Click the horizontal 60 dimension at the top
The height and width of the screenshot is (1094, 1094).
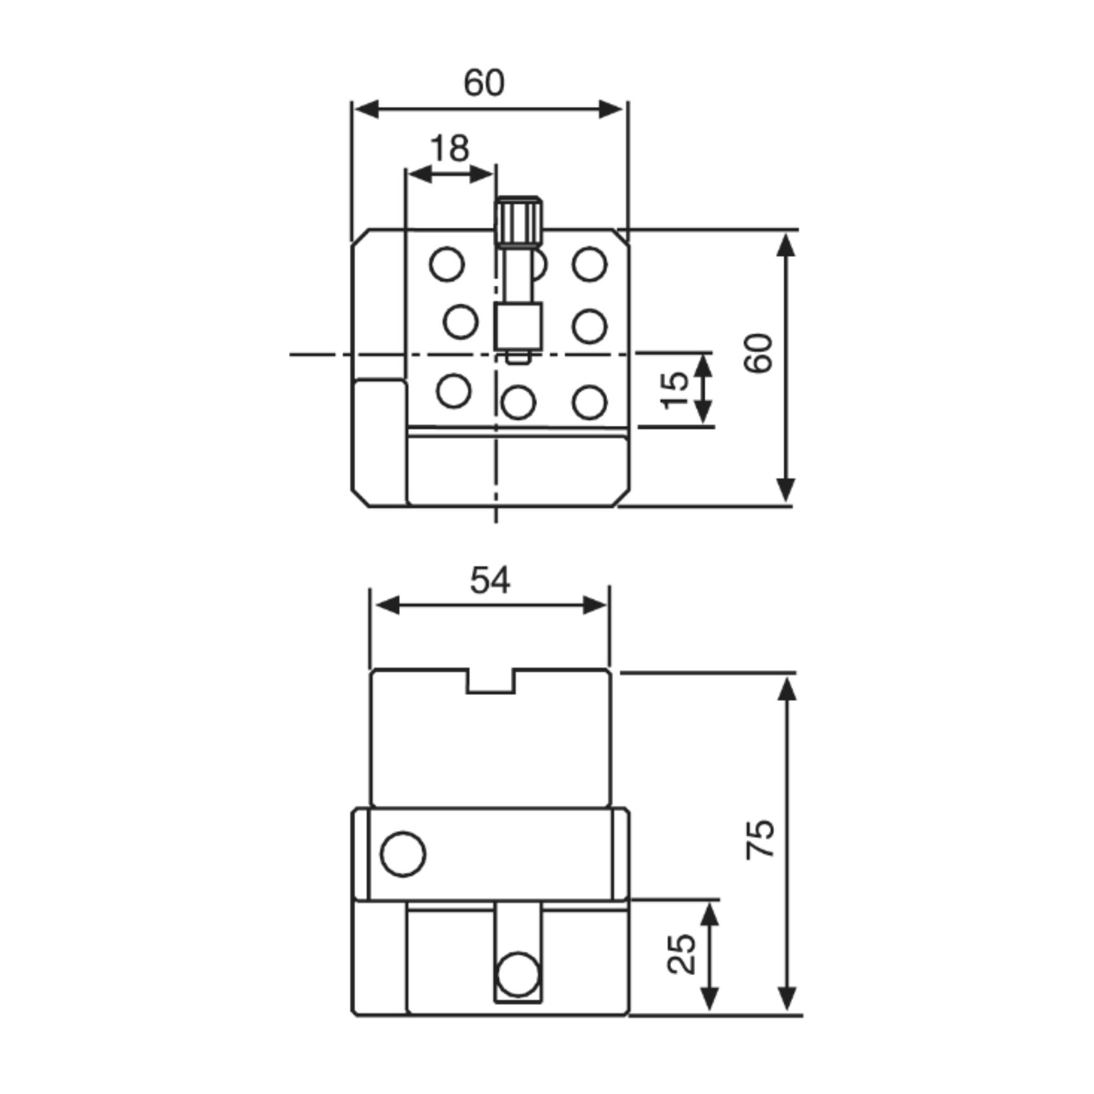(x=484, y=83)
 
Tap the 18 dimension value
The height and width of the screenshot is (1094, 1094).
(x=450, y=148)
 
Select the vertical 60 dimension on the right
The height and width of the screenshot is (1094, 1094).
(x=758, y=353)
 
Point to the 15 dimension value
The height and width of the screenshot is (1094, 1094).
(x=675, y=390)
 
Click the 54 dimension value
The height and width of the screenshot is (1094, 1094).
(x=490, y=580)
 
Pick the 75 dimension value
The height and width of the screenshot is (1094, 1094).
(x=760, y=839)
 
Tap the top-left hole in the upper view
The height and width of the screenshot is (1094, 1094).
(x=447, y=264)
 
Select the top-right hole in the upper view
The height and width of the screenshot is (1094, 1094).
(x=590, y=264)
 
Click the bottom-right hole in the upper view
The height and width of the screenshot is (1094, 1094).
(x=590, y=403)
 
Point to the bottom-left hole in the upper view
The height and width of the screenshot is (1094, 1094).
(x=454, y=391)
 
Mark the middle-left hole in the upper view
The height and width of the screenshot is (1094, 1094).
(x=461, y=322)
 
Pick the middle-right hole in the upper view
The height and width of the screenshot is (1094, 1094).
(x=590, y=326)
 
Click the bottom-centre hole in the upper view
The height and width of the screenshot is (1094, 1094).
(x=518, y=403)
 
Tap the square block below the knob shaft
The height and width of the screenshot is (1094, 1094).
(x=519, y=325)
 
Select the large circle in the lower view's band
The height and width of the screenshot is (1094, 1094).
(x=403, y=854)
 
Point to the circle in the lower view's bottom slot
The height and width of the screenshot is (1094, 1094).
(x=517, y=974)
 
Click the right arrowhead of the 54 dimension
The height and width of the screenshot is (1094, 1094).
(x=595, y=606)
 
